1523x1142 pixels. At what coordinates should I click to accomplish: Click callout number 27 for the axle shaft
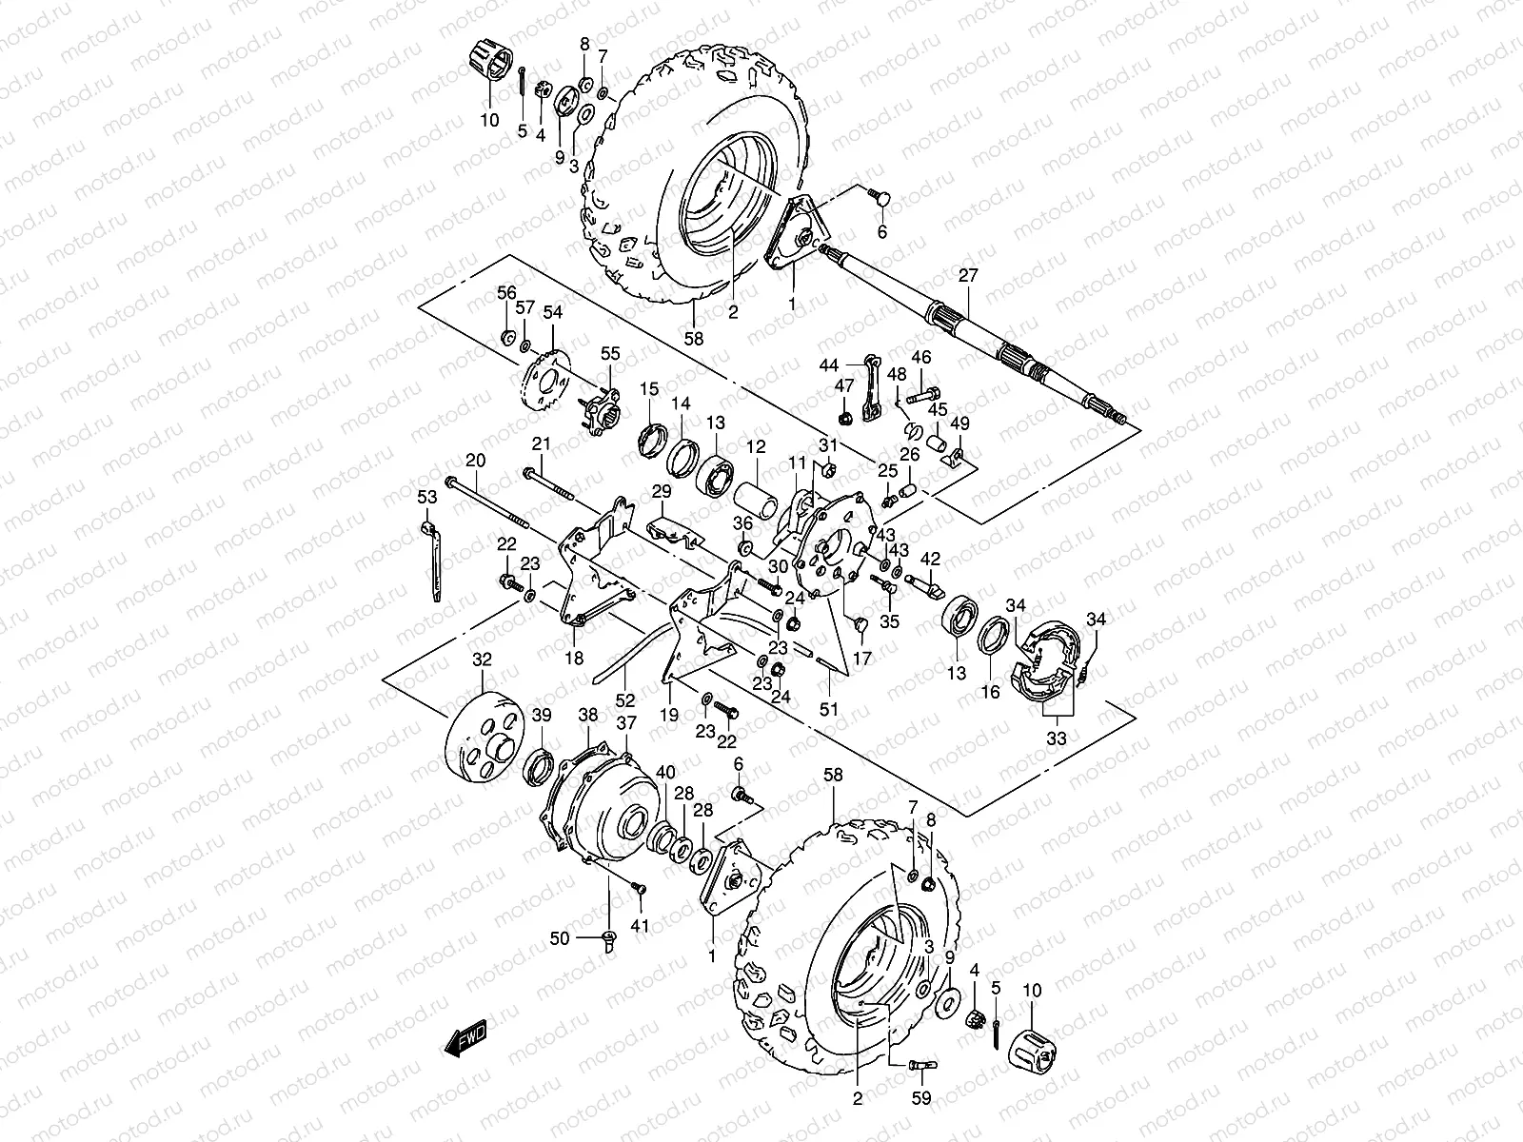tap(968, 276)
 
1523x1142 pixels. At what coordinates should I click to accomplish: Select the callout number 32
tap(483, 659)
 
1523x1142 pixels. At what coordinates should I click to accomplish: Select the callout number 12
tap(756, 446)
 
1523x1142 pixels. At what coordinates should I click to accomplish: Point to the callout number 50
tap(559, 938)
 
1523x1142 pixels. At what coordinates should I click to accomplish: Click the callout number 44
tap(829, 365)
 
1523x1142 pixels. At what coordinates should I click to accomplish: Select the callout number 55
tap(609, 353)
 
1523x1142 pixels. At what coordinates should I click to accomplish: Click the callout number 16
tap(990, 693)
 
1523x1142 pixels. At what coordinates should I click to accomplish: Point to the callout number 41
tap(640, 925)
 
